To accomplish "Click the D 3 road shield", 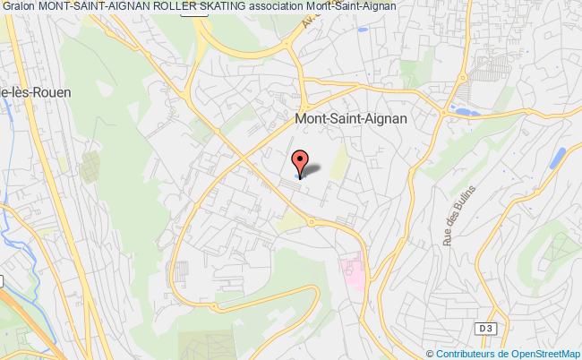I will (484, 329).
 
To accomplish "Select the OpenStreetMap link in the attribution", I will (542, 353).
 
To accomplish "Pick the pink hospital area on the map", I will (351, 266).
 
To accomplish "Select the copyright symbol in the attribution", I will (411, 353).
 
